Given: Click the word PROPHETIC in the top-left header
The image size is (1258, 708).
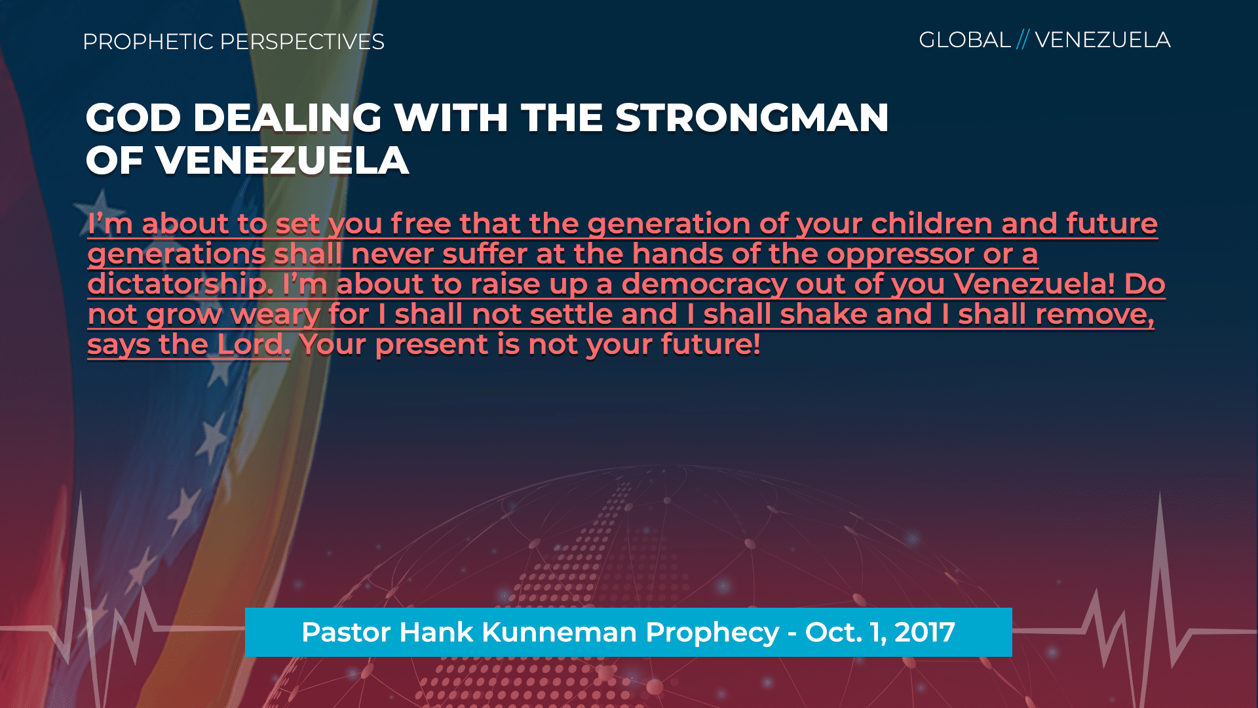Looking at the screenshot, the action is [x=148, y=41].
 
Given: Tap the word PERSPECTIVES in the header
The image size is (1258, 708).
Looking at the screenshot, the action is [x=302, y=41].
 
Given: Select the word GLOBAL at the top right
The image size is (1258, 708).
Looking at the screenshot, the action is [x=964, y=40].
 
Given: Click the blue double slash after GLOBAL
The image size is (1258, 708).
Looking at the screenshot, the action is [x=1023, y=39].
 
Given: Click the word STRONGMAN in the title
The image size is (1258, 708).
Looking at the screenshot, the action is [x=752, y=118].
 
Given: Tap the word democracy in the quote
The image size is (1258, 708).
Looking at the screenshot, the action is [x=704, y=285].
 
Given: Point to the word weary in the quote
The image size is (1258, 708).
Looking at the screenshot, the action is [x=275, y=315].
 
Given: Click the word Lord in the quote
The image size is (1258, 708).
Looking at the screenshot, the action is [x=254, y=344].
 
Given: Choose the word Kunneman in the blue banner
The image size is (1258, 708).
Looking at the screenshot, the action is [x=559, y=632].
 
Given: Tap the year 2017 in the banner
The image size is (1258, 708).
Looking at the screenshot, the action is [x=924, y=632].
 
